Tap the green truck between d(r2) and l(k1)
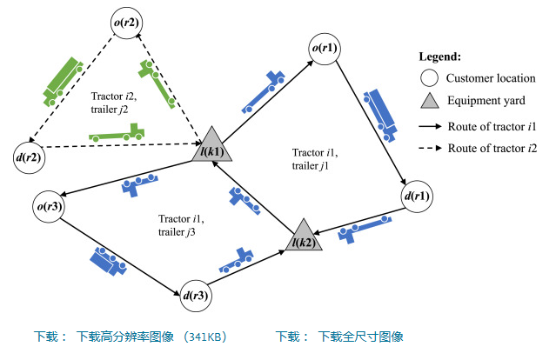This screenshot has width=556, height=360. click(117, 135)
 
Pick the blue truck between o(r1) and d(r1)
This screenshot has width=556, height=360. click(381, 112)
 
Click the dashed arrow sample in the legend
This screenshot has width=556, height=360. click(428, 149)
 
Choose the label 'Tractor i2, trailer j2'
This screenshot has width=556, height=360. click(116, 103)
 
